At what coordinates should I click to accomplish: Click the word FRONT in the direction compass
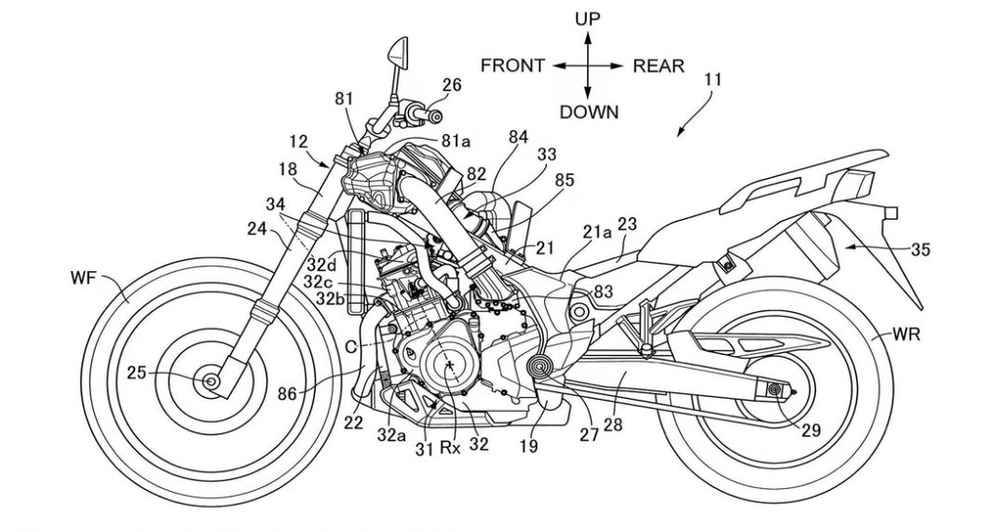coord(512,65)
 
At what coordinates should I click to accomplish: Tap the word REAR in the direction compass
coord(659,65)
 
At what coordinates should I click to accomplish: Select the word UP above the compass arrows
coord(587,19)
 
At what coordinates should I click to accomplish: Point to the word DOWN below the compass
coord(589,112)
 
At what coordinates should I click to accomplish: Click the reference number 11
coord(713,80)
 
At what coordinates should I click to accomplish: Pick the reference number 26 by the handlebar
coord(451,85)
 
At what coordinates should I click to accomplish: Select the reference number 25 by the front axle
coord(138,374)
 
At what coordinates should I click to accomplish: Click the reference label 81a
coord(456,141)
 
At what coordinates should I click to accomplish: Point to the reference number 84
coord(518,136)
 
